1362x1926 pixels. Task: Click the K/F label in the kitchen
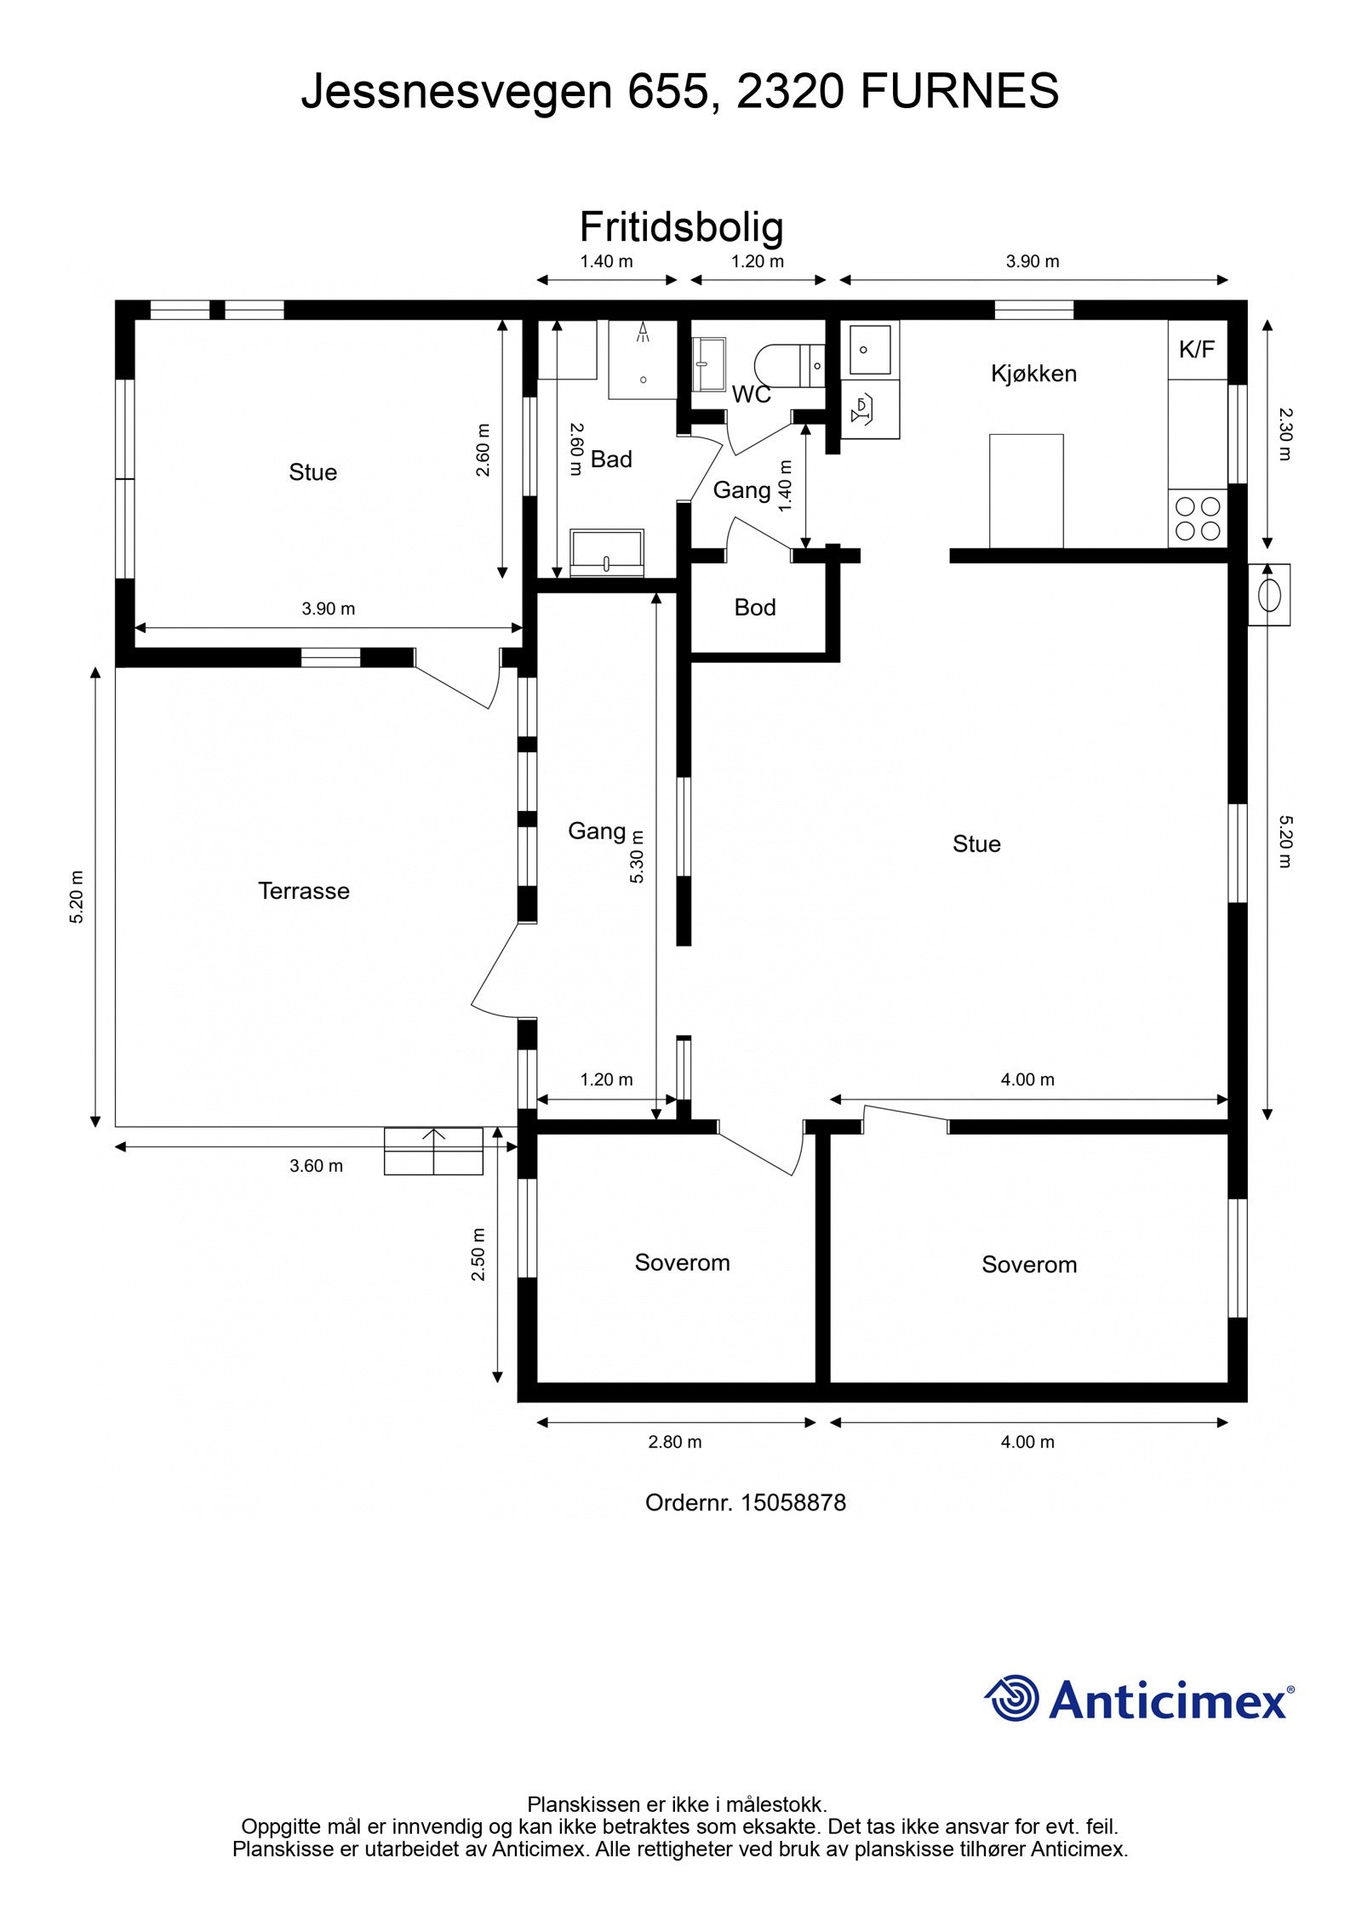pyautogui.click(x=1196, y=349)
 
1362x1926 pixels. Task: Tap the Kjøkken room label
pyautogui.click(x=1033, y=374)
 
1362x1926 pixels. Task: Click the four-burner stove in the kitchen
pyautogui.click(x=1198, y=519)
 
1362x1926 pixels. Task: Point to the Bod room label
pyautogui.click(x=755, y=608)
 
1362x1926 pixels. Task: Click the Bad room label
pyautogui.click(x=611, y=460)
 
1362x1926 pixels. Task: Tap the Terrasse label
pyautogui.click(x=304, y=891)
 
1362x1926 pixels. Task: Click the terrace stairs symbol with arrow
pyautogui.click(x=433, y=1151)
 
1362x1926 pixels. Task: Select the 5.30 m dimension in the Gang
pyautogui.click(x=638, y=856)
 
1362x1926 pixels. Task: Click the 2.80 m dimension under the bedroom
pyautogui.click(x=675, y=1442)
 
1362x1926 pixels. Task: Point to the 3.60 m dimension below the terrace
pyautogui.click(x=316, y=1166)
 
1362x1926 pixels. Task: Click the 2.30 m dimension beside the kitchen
pyautogui.click(x=1285, y=434)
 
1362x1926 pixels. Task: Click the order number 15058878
pyautogui.click(x=793, y=1502)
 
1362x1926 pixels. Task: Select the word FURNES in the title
pyautogui.click(x=959, y=91)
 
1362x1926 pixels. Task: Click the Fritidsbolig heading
pyautogui.click(x=681, y=227)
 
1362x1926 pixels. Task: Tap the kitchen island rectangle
pyautogui.click(x=1026, y=491)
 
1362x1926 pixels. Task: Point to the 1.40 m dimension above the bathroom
pyautogui.click(x=606, y=261)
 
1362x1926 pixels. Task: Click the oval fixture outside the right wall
pyautogui.click(x=1268, y=595)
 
